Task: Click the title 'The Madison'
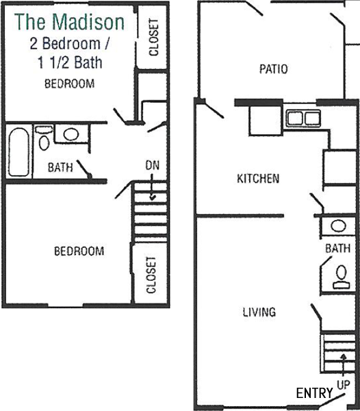point(69,22)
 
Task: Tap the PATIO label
point(273,69)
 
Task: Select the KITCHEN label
point(258,179)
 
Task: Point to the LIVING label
point(259,312)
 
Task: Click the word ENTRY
point(314,393)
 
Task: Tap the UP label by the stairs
point(344,384)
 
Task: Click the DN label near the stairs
point(153,165)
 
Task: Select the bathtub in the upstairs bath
point(18,152)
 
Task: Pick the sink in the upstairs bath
point(71,134)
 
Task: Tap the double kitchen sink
point(303,118)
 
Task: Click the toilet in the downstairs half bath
point(341,277)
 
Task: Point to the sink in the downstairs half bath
point(338,226)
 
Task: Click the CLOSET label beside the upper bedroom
point(154,37)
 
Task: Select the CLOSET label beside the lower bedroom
point(151,275)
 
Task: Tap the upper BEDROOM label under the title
point(69,84)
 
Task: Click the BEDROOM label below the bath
point(79,251)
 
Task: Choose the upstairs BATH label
point(60,168)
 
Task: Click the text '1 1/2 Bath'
point(70,62)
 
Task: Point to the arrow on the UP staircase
point(344,366)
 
